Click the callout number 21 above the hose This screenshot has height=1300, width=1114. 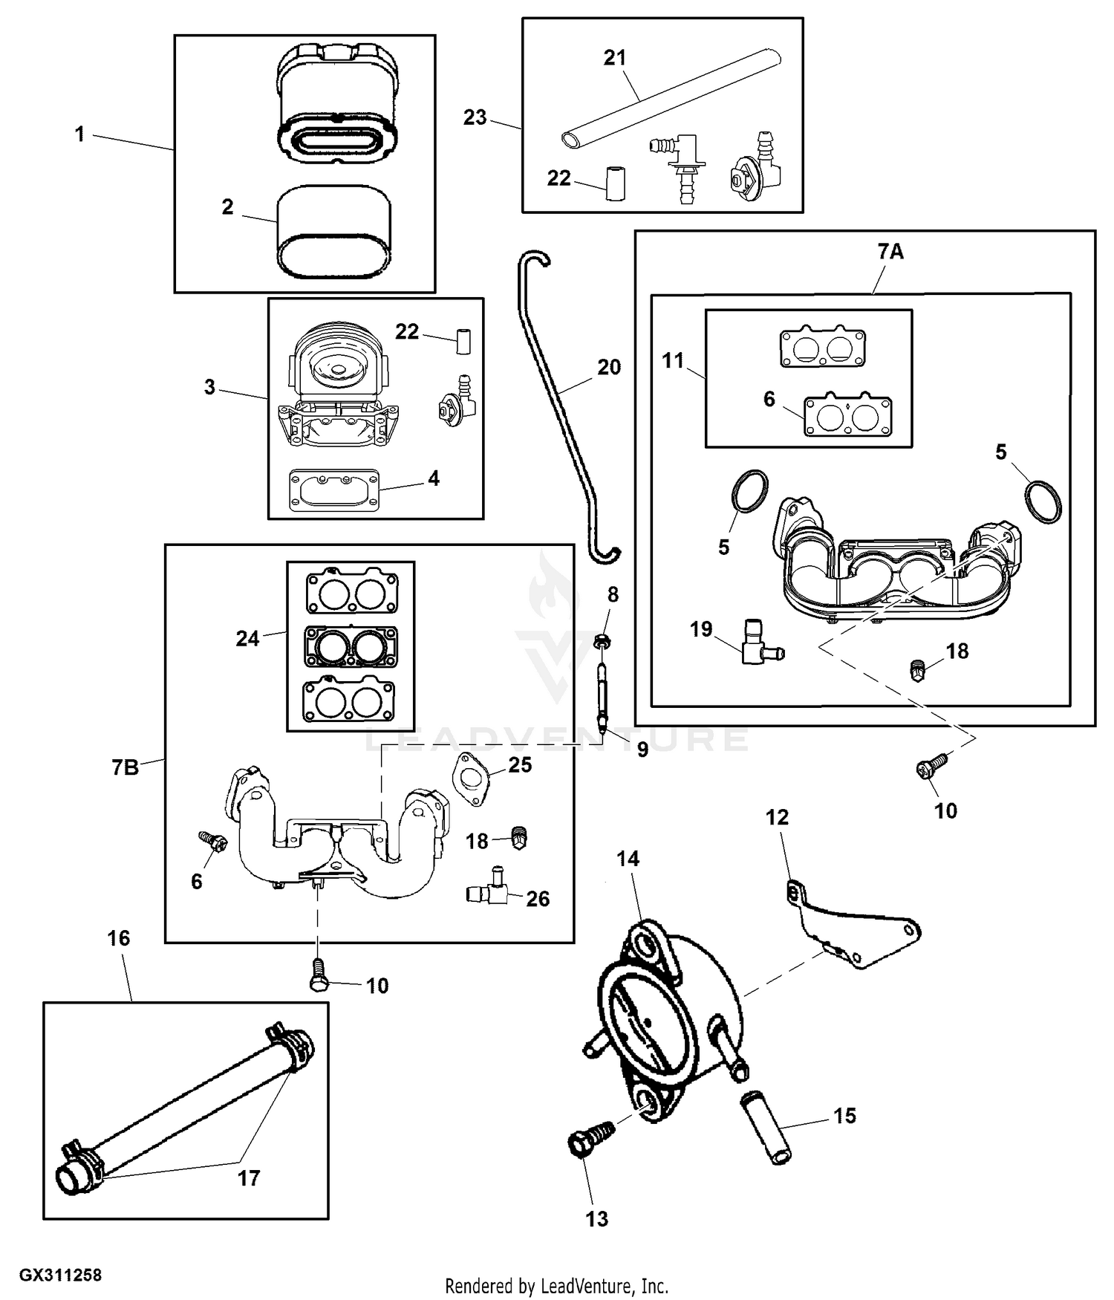point(615,58)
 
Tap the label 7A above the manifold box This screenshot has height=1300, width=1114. point(890,252)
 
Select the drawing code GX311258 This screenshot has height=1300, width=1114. point(60,1275)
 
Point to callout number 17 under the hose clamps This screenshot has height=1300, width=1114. point(249,1178)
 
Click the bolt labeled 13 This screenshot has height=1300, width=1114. point(592,1139)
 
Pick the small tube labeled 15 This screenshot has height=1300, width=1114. point(765,1128)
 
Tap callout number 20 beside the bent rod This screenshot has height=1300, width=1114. point(609,367)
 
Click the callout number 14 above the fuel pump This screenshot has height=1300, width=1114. point(628,859)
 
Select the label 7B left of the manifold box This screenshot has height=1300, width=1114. point(126,767)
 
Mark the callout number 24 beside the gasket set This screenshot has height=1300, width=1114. point(247,638)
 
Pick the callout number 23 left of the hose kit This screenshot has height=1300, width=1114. point(475,117)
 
